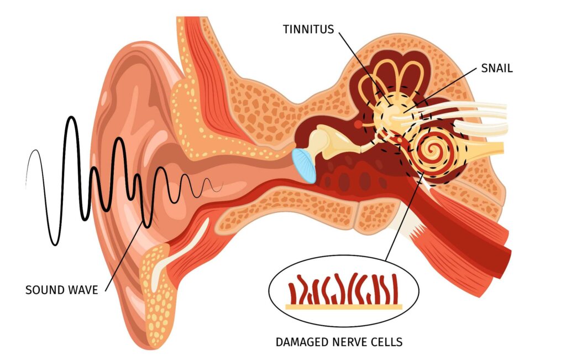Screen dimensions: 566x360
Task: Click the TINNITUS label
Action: point(308,29)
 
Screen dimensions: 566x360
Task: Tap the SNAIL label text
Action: point(497,68)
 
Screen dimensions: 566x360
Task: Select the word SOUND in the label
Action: point(45,290)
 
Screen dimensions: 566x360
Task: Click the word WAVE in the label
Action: point(83,290)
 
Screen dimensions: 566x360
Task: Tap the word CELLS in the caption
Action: point(387,342)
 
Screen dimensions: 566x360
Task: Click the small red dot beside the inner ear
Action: point(358,124)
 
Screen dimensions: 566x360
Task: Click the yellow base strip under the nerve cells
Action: point(344,307)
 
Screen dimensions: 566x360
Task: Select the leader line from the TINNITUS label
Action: point(365,69)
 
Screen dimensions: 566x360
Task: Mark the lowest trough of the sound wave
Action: point(55,244)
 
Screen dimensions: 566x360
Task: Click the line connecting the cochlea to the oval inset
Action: point(405,216)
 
